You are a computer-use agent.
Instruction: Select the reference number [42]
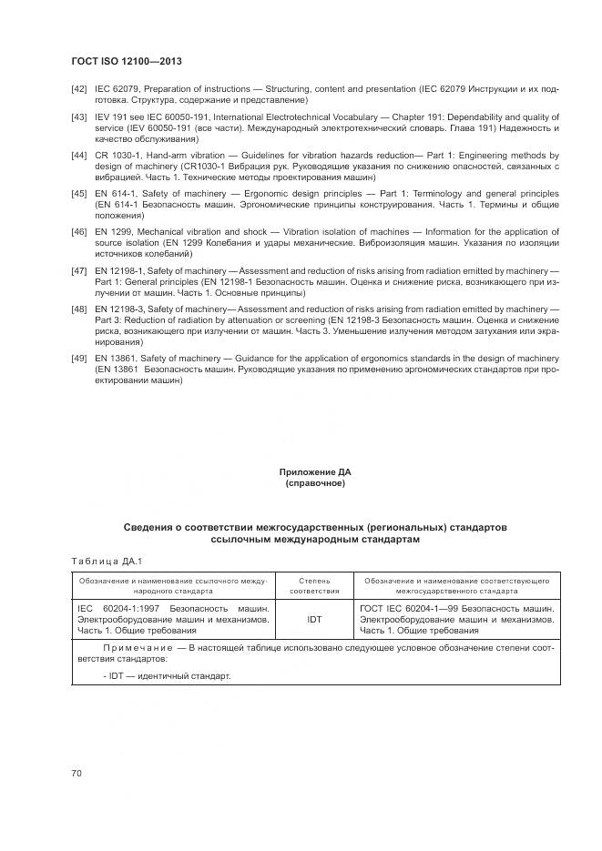79,88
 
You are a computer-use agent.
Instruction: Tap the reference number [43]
79,117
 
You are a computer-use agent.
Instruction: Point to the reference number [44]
79,156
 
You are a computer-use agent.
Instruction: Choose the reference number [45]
79,194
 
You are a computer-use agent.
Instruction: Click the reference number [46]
79,233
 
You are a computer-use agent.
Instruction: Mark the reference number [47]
79,271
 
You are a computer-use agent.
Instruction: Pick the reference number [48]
79,309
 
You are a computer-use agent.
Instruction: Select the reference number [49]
79,359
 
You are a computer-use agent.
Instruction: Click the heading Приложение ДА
314,472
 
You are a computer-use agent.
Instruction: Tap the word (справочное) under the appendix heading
314,483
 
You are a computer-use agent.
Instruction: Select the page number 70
77,773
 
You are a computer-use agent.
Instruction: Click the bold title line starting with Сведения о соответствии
314,527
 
